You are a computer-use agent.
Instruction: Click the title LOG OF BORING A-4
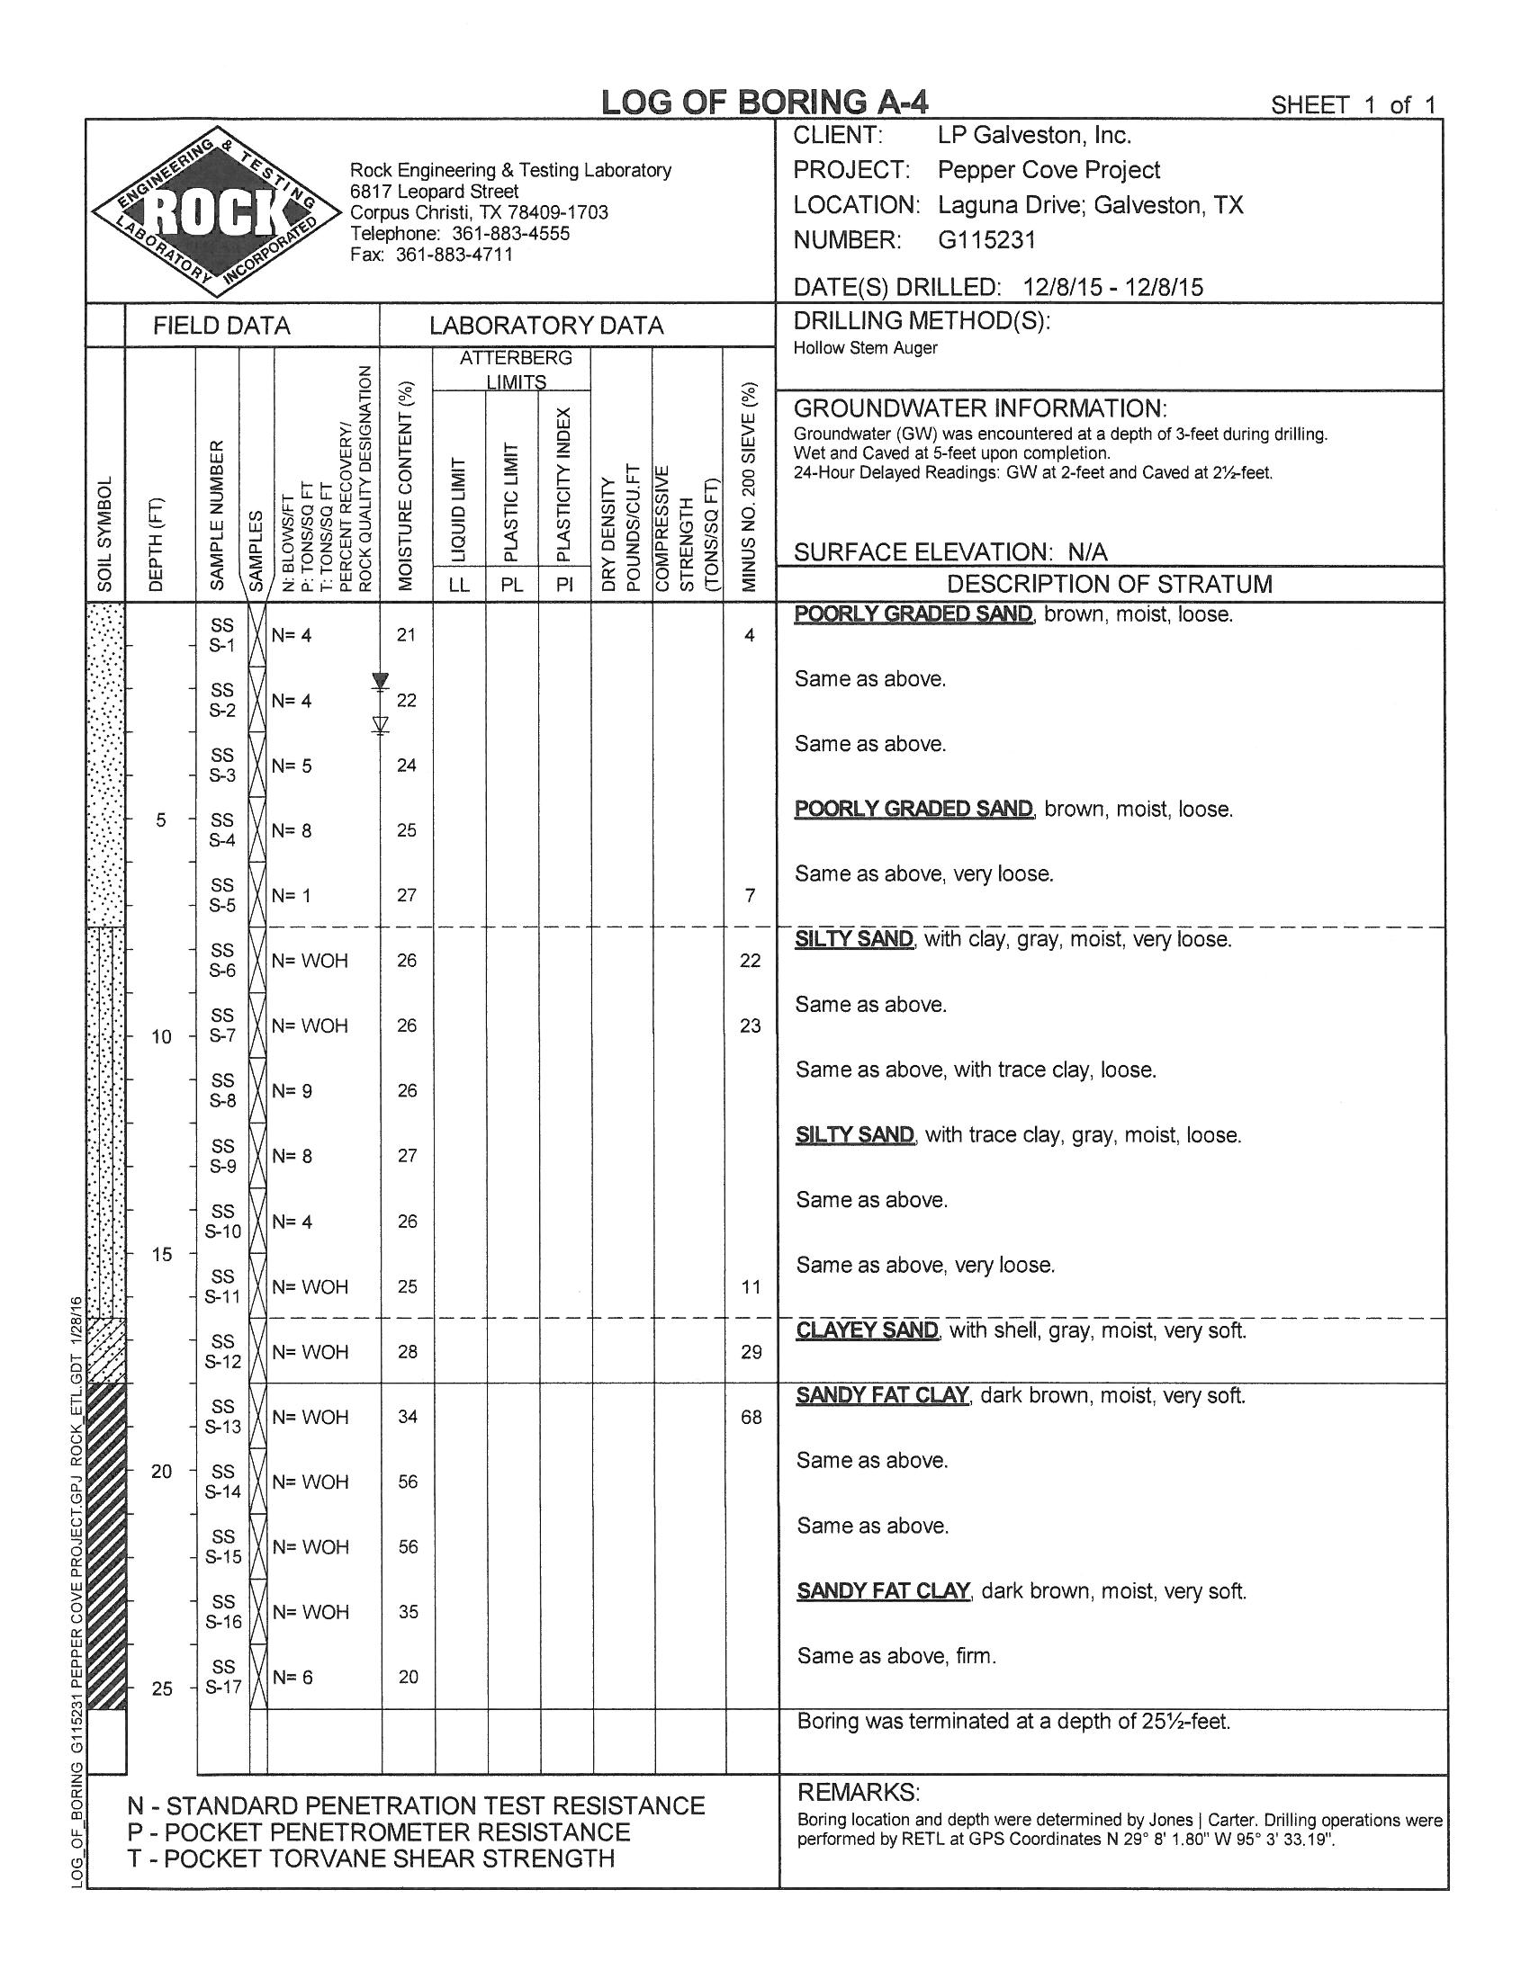pos(765,103)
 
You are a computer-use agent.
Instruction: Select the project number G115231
pos(986,240)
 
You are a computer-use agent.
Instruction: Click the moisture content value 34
pos(408,1416)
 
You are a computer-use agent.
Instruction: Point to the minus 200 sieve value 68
pos(751,1416)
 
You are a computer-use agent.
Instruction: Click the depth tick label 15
pos(161,1255)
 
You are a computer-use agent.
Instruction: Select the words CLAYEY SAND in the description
pos(868,1330)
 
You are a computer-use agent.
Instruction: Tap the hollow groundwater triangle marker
pos(381,724)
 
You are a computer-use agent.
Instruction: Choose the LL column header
pos(460,585)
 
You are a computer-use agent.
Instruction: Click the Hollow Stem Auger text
pos(866,348)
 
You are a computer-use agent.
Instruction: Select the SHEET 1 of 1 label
pos(1353,106)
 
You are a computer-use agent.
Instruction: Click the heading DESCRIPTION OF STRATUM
pos(1110,584)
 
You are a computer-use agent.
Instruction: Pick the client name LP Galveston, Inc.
pos(1034,136)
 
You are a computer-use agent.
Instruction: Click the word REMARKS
pos(858,1792)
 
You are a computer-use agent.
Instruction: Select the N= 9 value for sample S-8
pos(292,1091)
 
